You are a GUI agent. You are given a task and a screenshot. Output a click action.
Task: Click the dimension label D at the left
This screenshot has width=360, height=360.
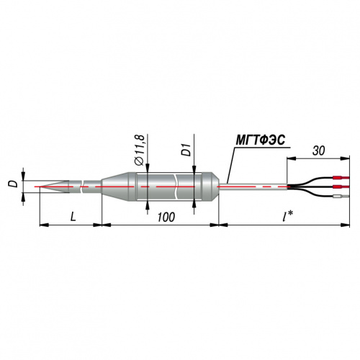[14, 184]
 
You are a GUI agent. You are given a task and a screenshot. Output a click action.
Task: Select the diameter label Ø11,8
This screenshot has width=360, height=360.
[140, 150]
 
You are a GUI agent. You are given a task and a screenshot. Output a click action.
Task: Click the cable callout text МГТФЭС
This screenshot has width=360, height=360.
[261, 140]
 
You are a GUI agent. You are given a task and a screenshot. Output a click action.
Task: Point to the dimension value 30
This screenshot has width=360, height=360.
[319, 150]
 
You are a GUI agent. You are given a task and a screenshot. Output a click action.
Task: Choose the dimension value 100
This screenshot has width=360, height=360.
[166, 217]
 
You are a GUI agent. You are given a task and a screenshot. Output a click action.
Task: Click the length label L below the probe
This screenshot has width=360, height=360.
[73, 217]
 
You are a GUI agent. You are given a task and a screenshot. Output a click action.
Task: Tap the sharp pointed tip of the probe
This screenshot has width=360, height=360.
[40, 186]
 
